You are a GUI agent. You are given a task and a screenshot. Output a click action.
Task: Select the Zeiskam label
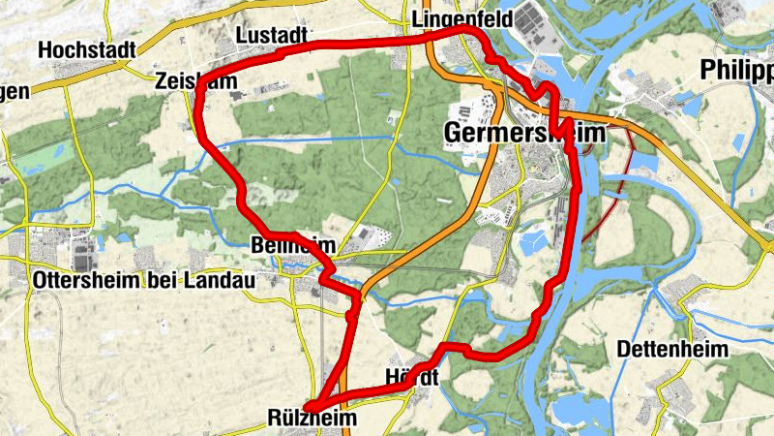point(194,83)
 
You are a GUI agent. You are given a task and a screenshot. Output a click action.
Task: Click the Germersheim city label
point(523,133)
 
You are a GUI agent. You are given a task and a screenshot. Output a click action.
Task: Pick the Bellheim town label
point(291,244)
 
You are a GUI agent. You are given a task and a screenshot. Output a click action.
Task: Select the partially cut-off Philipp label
point(737,71)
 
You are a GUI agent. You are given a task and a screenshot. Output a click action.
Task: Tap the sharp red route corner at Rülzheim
point(309,407)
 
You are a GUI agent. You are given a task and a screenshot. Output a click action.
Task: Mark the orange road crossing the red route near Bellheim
point(367,288)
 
